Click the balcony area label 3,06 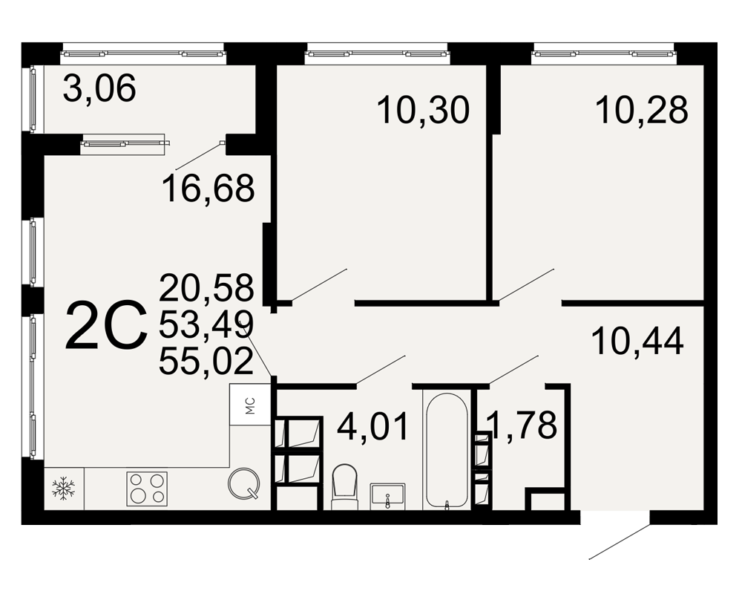click(99, 88)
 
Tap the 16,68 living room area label click(209, 188)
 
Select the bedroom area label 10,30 click(423, 110)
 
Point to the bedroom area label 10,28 click(641, 109)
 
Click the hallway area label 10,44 click(637, 341)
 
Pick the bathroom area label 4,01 click(372, 426)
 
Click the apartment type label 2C click(106, 327)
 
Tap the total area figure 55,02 click(206, 362)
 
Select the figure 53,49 click(206, 324)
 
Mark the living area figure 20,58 click(206, 287)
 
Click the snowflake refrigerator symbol click(63, 489)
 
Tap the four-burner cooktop click(147, 489)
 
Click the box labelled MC click(250, 404)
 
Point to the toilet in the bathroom click(344, 486)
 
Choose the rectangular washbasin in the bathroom click(387, 497)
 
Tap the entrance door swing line click(619, 541)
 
